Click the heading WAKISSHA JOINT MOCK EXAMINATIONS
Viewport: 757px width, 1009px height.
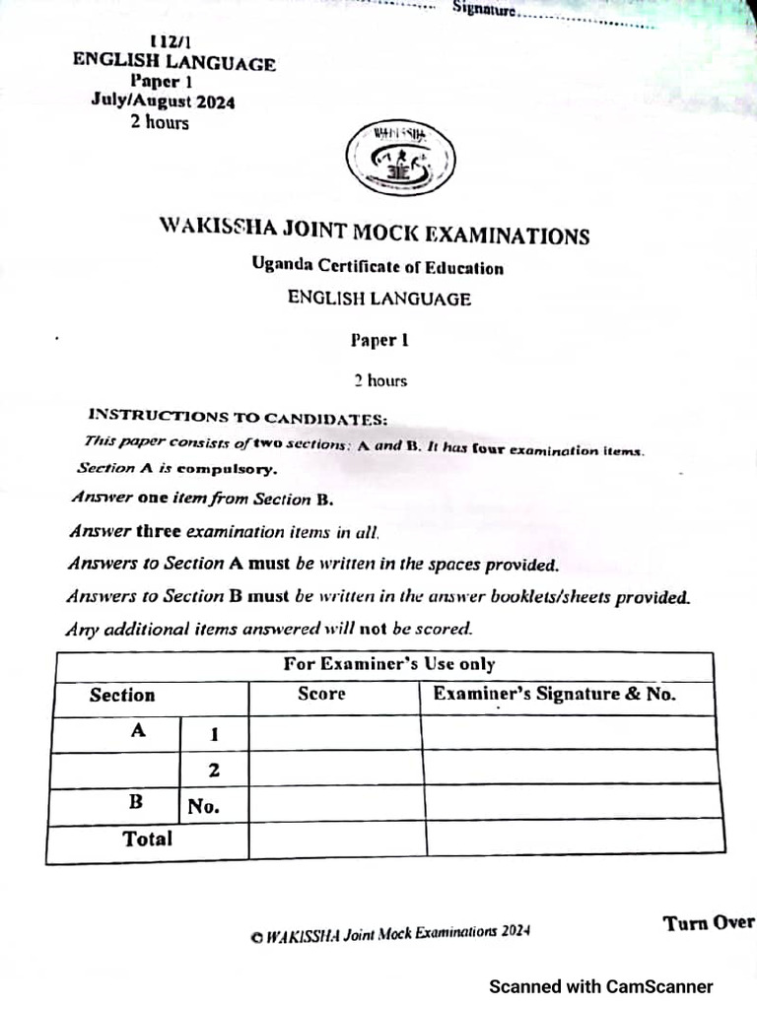[375, 232]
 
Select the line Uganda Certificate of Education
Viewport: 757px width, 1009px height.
[377, 266]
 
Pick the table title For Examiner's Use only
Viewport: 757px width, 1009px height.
[389, 665]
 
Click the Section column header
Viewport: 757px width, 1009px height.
[122, 696]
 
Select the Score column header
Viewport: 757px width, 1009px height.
[321, 695]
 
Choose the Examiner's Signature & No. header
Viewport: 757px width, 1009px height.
[555, 695]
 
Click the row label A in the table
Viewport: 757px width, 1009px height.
[138, 732]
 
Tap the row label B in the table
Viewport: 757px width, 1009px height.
[136, 802]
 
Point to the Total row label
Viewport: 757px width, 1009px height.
[147, 840]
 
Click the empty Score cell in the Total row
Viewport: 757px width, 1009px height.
[336, 840]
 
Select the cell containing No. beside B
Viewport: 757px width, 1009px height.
[203, 806]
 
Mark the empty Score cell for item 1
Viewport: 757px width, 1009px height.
[334, 733]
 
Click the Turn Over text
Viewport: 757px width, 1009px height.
[708, 923]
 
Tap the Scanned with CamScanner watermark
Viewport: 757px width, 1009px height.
[601, 986]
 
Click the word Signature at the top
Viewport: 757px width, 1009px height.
[484, 10]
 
